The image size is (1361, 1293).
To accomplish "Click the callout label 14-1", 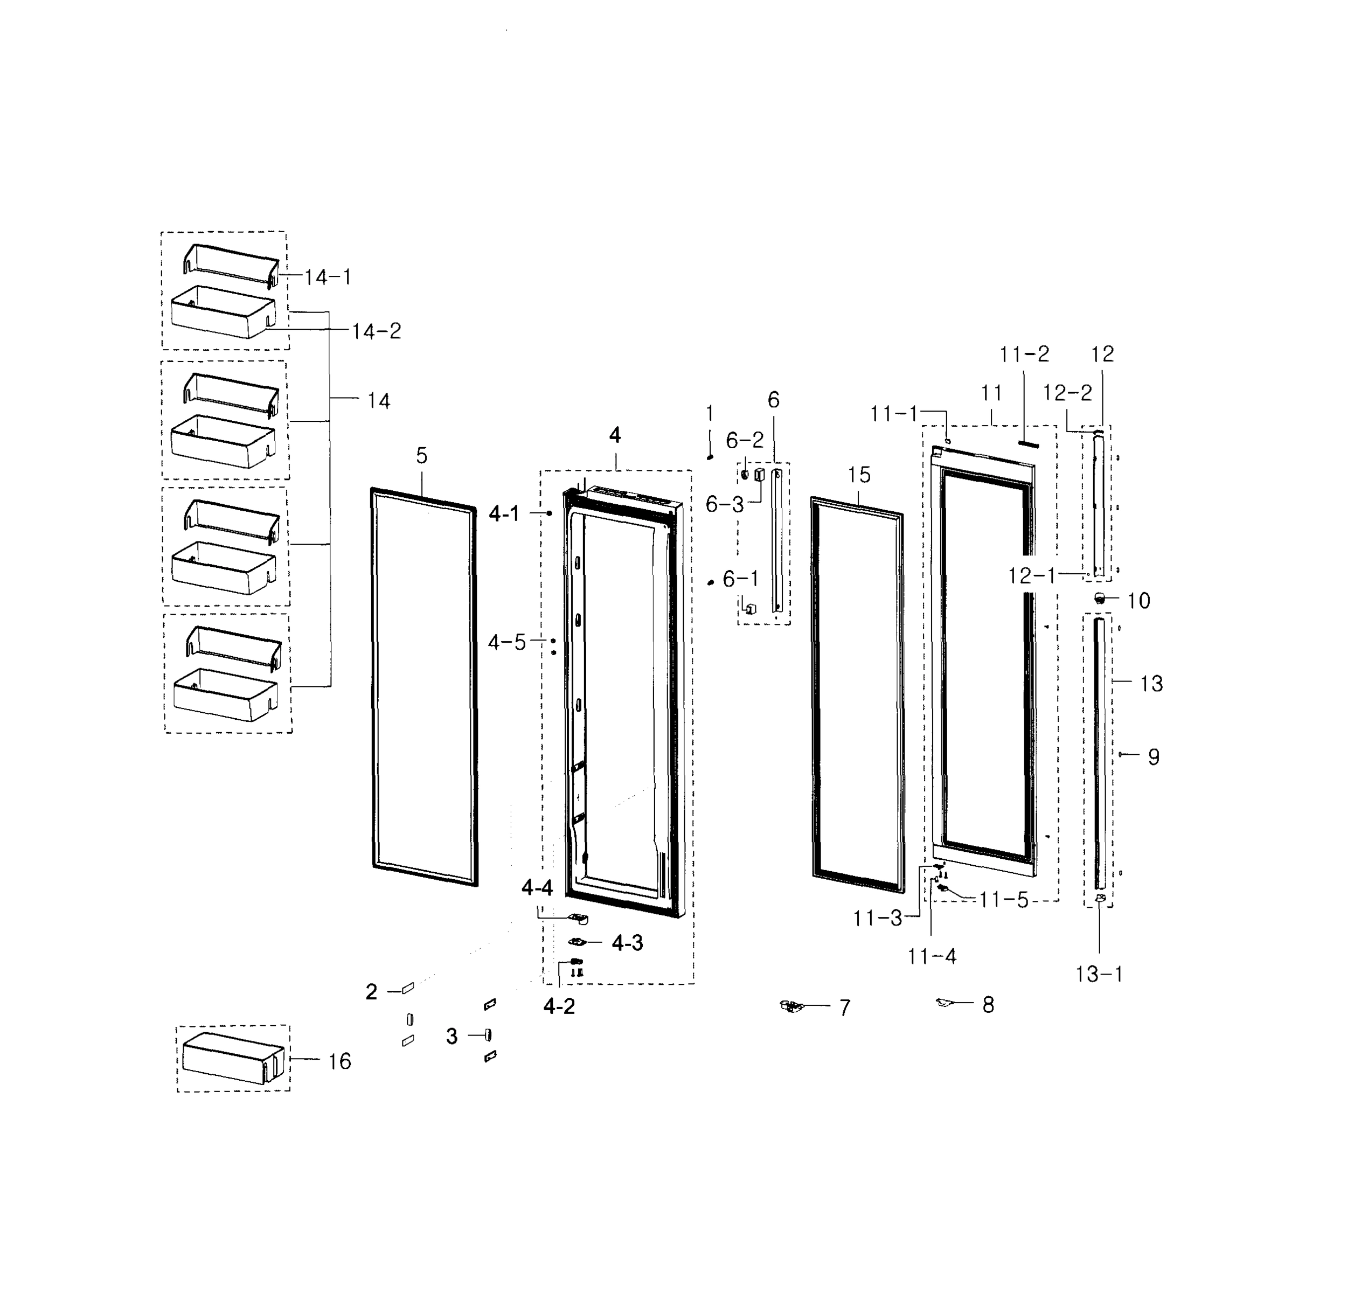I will (328, 277).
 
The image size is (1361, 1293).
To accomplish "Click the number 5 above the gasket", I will (422, 456).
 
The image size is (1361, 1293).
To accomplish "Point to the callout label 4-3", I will (627, 943).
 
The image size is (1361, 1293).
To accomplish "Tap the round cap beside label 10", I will (1101, 597).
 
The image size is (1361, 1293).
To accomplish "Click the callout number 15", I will (859, 475).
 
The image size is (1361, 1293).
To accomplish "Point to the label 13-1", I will (1099, 974).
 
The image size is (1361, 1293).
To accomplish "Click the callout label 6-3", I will (724, 504).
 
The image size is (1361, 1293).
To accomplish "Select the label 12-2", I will (1067, 393).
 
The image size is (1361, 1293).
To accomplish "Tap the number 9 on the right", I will (1154, 757).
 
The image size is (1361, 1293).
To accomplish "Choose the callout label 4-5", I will (506, 642).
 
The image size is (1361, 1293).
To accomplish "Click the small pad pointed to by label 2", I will (407, 989).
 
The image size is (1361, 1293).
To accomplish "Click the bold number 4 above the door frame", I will (615, 435).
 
